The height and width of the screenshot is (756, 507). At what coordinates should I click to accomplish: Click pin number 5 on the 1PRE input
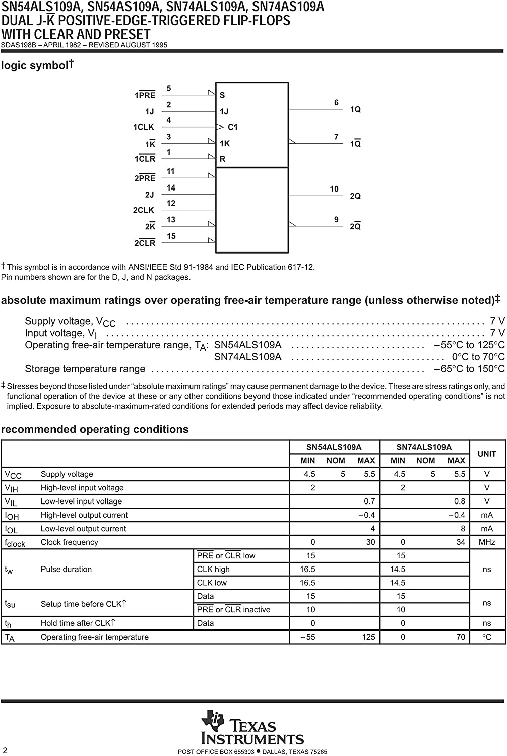pos(169,89)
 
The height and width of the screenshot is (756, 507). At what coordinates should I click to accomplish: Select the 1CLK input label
pos(144,127)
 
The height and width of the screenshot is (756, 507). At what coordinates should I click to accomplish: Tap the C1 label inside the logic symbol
pos(232,127)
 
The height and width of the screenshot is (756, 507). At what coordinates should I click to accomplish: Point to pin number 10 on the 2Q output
pos(334,189)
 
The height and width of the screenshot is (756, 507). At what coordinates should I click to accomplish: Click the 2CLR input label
pos(145,243)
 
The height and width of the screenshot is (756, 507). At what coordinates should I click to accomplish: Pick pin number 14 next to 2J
pos(171,188)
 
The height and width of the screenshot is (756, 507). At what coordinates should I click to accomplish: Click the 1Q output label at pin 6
pos(355,109)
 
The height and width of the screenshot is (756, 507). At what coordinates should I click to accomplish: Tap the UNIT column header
pos(487,454)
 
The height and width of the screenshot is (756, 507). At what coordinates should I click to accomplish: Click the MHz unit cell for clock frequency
pos(487,542)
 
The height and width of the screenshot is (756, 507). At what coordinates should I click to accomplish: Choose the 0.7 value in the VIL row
pos(369,501)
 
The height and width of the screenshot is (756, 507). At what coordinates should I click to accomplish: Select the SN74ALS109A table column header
pos(424,447)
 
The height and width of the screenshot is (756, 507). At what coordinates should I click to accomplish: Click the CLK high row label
pos(213,569)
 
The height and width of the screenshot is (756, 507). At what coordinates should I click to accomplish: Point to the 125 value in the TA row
pos(368,637)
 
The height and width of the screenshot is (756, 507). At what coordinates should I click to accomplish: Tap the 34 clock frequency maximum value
pos(460,542)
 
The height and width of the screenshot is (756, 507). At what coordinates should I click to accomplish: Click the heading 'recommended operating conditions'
pos(95,429)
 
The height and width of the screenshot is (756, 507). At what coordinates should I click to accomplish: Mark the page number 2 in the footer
pos(5,750)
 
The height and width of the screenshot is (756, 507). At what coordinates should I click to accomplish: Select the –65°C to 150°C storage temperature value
pos(469,369)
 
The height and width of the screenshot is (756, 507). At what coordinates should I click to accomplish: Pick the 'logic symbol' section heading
pos(35,66)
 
